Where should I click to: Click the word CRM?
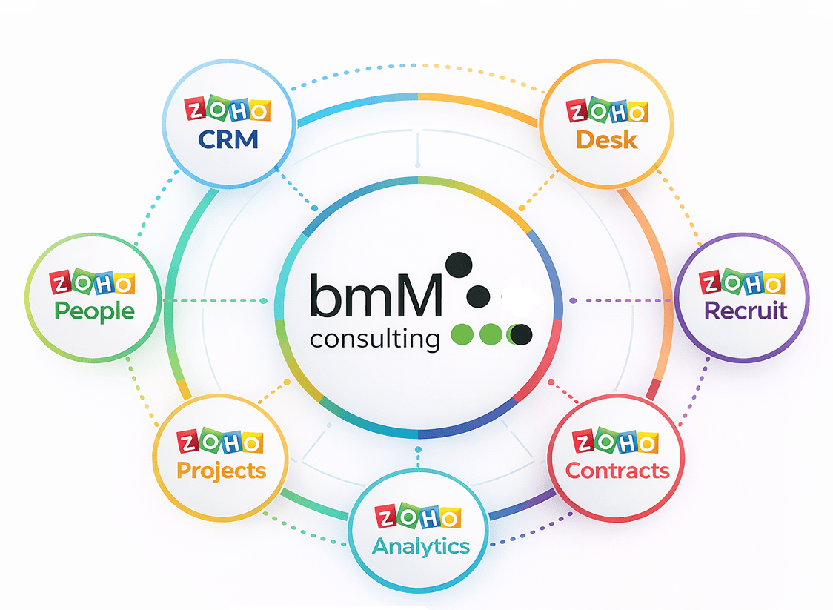click(x=228, y=139)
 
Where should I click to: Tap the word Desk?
click(x=606, y=139)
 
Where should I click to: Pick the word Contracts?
click(x=617, y=470)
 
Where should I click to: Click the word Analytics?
click(x=420, y=546)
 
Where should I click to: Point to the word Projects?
click(x=221, y=470)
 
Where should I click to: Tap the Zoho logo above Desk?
click(x=607, y=112)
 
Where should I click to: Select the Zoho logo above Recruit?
click(x=742, y=282)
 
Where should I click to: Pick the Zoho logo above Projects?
click(x=220, y=442)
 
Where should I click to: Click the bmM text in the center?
click(x=376, y=296)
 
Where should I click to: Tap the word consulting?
click(x=375, y=339)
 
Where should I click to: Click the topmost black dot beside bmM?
click(x=459, y=265)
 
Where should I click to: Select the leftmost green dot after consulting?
click(x=462, y=335)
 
